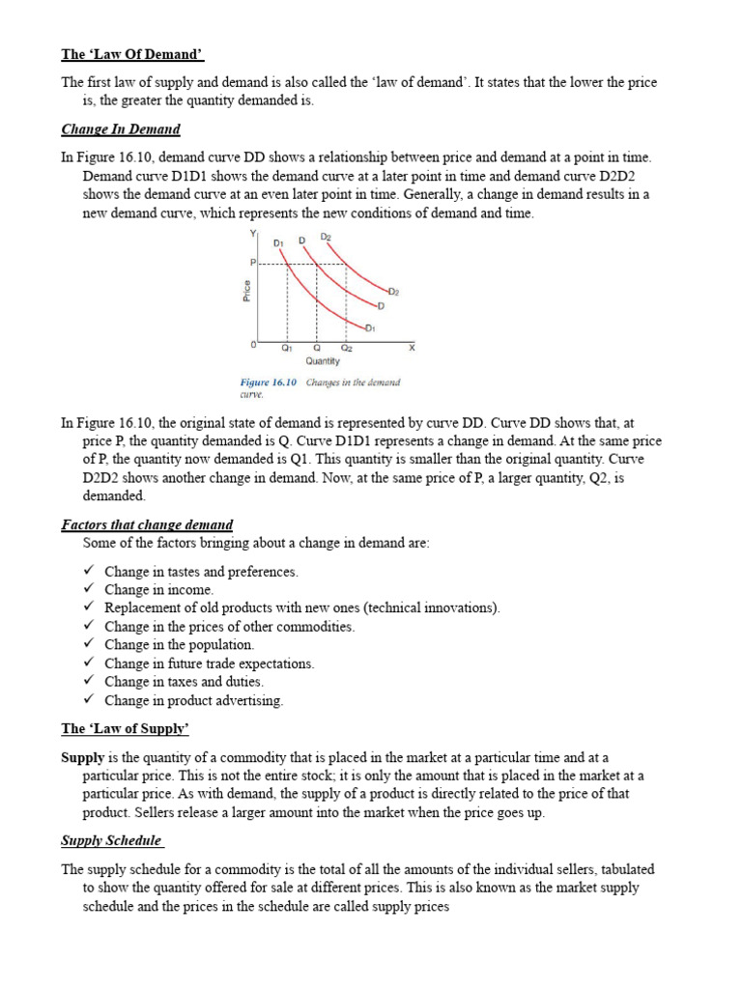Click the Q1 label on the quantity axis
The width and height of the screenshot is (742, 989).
pyautogui.click(x=287, y=347)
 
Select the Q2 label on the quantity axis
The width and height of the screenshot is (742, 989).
pyautogui.click(x=346, y=347)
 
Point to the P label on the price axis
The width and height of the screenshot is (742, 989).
pyautogui.click(x=253, y=263)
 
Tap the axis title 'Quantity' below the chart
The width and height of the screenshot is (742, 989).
pyautogui.click(x=323, y=361)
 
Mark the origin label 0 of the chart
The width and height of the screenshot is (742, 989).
pyautogui.click(x=253, y=345)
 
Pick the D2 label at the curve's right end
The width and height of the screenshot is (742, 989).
pyautogui.click(x=393, y=290)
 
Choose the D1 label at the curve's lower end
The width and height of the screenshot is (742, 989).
pyautogui.click(x=370, y=328)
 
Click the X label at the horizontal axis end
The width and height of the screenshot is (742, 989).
pyautogui.click(x=412, y=347)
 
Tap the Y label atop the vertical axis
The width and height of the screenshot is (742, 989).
pyautogui.click(x=253, y=234)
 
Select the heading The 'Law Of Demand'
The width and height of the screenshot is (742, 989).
pyautogui.click(x=132, y=54)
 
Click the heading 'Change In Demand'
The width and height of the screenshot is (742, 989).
pyautogui.click(x=121, y=128)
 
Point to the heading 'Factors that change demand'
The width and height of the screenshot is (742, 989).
pyautogui.click(x=147, y=524)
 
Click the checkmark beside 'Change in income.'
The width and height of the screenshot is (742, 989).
pyautogui.click(x=88, y=589)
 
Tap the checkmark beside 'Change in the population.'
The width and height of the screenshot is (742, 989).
pyautogui.click(x=88, y=644)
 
